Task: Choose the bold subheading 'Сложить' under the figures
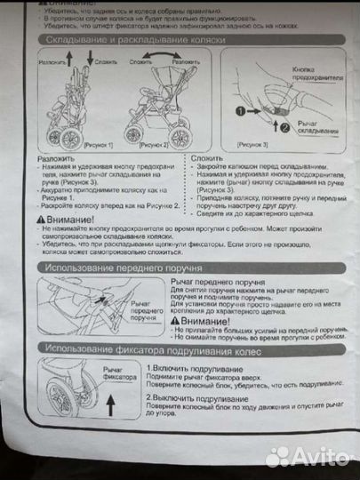pyautogui.click(x=206, y=157)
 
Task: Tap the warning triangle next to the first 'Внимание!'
pyautogui.click(x=43, y=219)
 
